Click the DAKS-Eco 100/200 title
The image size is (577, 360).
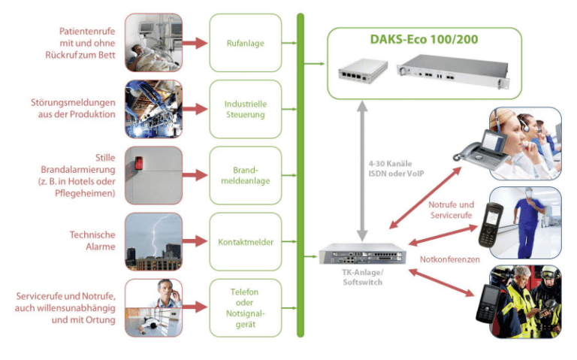tap(424, 40)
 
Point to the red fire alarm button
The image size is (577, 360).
tap(139, 163)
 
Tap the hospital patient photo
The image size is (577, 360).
tap(153, 43)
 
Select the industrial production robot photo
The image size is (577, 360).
tap(153, 109)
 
